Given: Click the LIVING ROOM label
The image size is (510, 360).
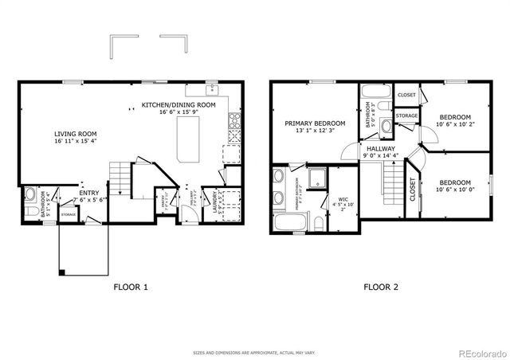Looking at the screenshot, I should click(75, 134).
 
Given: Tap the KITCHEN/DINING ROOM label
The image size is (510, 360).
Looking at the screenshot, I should click(178, 105).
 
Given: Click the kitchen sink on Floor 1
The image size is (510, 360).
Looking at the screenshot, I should click(212, 88).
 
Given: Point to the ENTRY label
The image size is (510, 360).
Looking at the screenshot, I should click(88, 192).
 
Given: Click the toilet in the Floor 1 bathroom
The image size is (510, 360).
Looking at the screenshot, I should click(28, 195).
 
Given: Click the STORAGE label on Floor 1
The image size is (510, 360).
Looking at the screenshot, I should click(69, 214).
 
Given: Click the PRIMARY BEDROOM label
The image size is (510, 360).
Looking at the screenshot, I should click(316, 123).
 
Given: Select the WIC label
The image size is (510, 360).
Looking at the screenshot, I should click(344, 200).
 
